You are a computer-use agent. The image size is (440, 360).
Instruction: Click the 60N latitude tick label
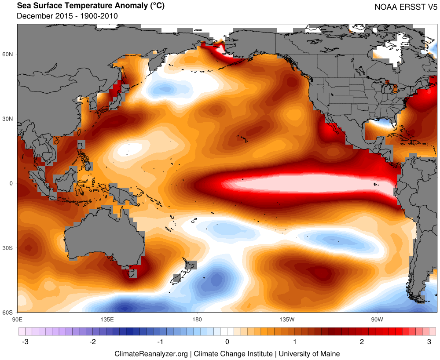click(x=8, y=54)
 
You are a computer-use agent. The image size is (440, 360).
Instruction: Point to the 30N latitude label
click(x=8, y=119)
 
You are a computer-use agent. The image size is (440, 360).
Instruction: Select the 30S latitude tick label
click(x=8, y=248)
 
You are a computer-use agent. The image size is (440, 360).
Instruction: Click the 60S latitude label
click(x=8, y=313)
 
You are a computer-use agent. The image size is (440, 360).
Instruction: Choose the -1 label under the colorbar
click(x=159, y=342)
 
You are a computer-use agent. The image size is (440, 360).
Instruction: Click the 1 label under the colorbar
click(x=295, y=342)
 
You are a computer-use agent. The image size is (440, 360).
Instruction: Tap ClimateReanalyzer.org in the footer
click(x=151, y=353)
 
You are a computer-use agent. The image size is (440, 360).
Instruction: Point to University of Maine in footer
click(x=309, y=353)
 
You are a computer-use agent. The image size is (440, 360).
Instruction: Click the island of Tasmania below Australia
click(x=131, y=273)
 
